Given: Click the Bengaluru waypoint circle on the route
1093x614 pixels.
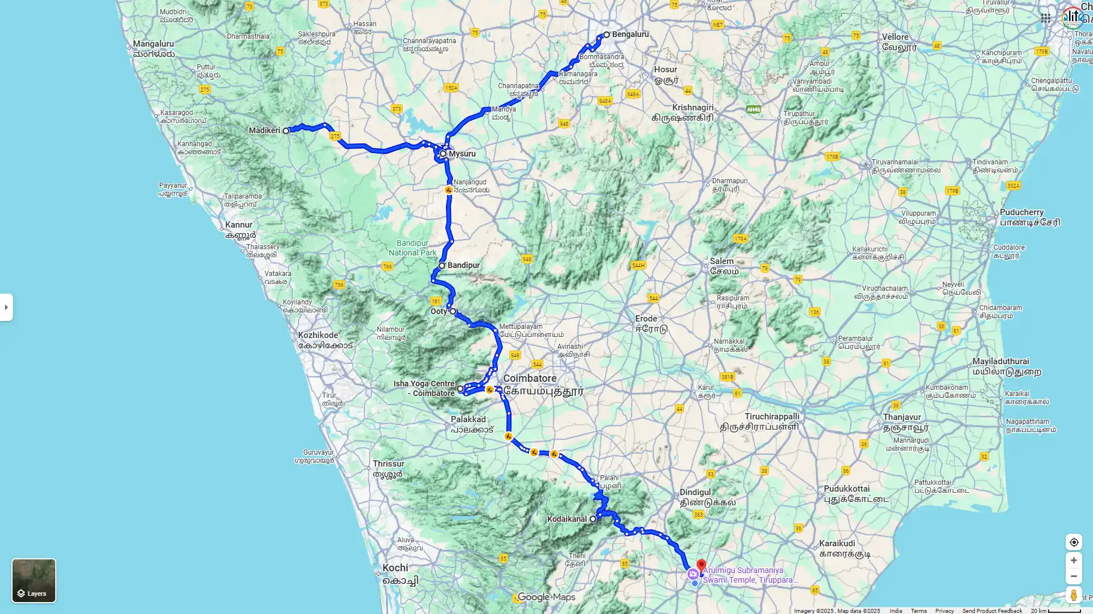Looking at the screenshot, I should [607, 35].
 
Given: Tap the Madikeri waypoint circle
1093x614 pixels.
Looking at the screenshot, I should [286, 131].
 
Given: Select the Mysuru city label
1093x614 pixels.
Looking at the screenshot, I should [461, 154].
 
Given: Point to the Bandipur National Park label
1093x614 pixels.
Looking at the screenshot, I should [412, 248].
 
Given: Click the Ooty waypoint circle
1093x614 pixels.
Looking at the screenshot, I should [453, 311].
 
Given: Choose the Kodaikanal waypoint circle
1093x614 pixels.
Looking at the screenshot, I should [593, 519].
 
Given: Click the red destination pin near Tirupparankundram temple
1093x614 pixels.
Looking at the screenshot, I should [701, 566].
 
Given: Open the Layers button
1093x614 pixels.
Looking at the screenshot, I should [34, 580].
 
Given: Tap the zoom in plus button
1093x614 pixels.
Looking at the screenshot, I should [1074, 561].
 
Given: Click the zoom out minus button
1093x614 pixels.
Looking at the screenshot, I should [1074, 576].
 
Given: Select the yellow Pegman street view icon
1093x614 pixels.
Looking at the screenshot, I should [1074, 595].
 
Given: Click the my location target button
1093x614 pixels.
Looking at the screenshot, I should [1074, 542].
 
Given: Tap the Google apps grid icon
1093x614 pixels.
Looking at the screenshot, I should [1045, 18].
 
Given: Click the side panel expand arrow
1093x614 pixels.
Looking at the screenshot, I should [6, 307].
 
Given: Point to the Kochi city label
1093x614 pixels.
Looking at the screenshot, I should [395, 568].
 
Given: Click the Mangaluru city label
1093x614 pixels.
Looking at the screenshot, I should [153, 44].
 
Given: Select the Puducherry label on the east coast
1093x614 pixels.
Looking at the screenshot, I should [1021, 212].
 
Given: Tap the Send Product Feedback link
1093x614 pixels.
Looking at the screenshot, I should [992, 611].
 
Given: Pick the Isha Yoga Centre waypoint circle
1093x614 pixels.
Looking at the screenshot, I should [460, 389].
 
